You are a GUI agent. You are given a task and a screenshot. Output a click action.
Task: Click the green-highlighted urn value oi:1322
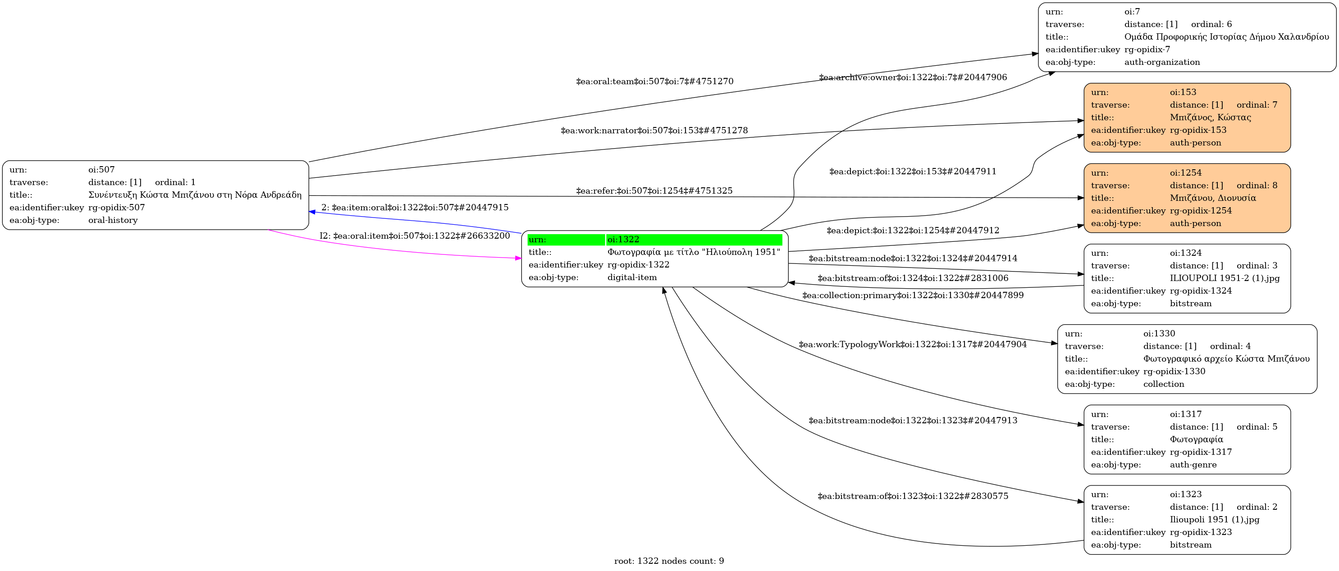[623, 240]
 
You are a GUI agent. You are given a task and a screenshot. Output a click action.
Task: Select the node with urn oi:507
[155, 195]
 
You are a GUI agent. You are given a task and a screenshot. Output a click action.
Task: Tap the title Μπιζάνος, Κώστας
[1210, 118]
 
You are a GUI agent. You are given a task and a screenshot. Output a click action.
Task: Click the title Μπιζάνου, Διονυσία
[1213, 198]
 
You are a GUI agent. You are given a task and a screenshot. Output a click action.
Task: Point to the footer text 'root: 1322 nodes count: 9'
[669, 561]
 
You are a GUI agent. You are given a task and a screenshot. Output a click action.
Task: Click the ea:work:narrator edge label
[654, 131]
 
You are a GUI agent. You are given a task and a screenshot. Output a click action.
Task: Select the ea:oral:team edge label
[654, 82]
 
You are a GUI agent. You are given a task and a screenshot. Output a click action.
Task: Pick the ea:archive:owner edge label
[913, 77]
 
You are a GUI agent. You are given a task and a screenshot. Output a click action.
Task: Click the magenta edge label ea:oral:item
[415, 236]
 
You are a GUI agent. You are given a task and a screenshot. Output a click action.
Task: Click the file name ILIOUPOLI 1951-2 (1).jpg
[1224, 278]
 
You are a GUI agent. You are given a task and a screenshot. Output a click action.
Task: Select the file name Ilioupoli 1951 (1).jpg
[1214, 520]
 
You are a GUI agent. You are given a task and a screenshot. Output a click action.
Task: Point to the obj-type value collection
[1163, 385]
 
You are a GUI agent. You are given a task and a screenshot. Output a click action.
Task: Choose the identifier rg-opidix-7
[1147, 50]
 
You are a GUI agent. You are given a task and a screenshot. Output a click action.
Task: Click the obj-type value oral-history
[113, 220]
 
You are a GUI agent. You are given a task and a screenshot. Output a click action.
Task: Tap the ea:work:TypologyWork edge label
[912, 344]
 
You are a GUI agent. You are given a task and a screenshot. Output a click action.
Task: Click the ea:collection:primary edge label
[913, 295]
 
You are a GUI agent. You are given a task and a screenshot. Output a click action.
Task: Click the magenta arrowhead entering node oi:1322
[518, 258]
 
